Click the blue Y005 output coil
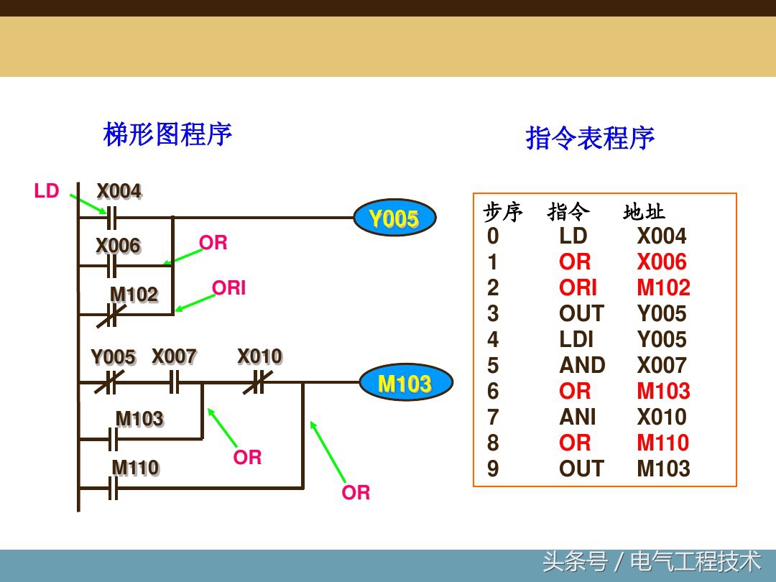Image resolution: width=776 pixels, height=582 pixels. point(394,218)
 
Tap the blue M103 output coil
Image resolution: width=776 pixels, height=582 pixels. point(405,383)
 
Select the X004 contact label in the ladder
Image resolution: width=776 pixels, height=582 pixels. point(119,192)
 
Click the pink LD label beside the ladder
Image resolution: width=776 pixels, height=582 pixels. point(47,191)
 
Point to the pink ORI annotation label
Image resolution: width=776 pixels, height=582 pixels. point(228,288)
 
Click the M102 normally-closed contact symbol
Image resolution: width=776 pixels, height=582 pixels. point(111,314)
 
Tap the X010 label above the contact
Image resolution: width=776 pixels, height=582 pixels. point(259,356)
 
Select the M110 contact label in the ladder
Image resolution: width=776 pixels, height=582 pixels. point(135,468)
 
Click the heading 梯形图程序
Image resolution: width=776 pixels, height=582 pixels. point(167,134)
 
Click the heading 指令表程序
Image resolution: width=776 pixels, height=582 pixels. point(590,138)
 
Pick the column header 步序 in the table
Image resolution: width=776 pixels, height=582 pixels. point(503,212)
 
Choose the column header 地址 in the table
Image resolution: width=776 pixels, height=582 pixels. point(644,212)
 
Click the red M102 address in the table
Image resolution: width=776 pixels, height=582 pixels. point(663,288)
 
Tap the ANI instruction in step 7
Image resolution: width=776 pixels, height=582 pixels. point(578,417)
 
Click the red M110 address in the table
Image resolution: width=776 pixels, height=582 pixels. point(662,443)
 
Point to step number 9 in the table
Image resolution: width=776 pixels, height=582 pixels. point(493,469)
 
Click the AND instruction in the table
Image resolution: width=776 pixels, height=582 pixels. point(582,366)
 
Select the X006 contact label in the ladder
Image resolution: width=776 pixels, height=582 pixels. point(118,246)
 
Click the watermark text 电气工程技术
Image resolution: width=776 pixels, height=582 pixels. point(695,561)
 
